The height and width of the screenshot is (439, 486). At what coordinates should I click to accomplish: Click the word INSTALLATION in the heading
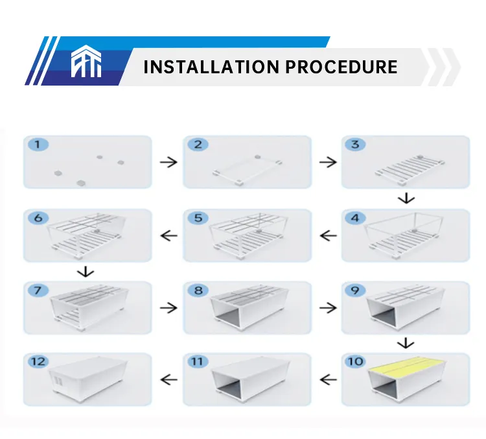207,67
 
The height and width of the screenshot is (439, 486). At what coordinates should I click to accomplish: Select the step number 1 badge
38,145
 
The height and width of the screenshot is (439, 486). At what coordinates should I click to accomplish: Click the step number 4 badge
354,218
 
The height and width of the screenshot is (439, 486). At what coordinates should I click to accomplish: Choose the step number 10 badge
356,361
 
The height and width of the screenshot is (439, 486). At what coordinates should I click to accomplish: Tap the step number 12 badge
40,361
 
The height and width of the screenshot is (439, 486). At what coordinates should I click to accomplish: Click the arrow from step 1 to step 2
168,162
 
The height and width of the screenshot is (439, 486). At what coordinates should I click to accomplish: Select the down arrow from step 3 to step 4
406,198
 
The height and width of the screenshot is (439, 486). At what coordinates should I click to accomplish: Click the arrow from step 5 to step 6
168,235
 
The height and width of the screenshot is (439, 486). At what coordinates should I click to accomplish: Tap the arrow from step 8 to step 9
328,307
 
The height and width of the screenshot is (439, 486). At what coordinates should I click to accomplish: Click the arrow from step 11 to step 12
168,379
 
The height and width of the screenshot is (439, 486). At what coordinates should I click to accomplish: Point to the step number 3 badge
354,145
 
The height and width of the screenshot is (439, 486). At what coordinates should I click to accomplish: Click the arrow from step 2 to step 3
328,162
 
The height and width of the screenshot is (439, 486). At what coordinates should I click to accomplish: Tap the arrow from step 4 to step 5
328,235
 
